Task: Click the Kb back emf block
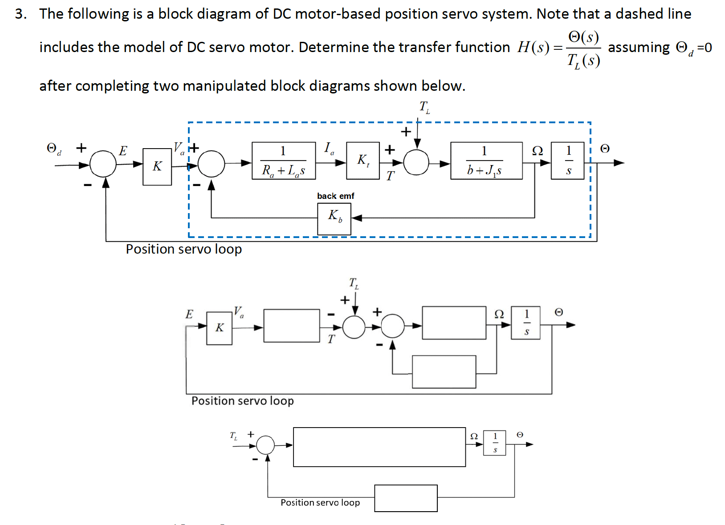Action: pos(334,218)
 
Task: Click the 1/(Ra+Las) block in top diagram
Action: pos(284,161)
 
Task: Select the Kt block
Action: pos(363,161)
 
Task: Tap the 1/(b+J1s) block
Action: pos(486,161)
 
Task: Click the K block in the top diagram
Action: pos(157,166)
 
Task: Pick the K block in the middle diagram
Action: pos(219,328)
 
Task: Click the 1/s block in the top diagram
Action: pos(568,161)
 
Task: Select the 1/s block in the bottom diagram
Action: pos(495,443)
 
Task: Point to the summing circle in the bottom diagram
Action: pos(266,444)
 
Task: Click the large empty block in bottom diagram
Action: pos(379,447)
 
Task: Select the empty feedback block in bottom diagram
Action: pos(406,498)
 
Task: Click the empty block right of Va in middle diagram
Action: pos(292,326)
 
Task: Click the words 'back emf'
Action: pos(335,196)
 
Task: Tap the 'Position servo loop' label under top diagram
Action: pos(183,249)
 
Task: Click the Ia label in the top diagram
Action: pos(329,148)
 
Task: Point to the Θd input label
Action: pos(54,149)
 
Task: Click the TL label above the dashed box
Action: pos(424,107)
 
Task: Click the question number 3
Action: pos(20,14)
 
